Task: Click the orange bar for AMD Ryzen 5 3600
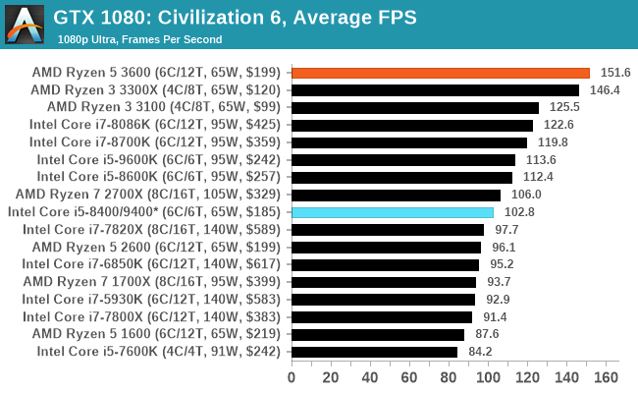[441, 73]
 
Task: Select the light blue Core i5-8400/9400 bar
[393, 212]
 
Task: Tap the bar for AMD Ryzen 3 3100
[415, 107]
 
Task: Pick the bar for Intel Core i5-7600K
[374, 352]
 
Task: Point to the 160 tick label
[607, 377]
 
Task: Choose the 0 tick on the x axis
[292, 377]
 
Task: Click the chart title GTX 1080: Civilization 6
[235, 17]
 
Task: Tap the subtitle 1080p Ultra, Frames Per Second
[139, 39]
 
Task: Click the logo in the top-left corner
[24, 24]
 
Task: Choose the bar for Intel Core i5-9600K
[403, 160]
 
